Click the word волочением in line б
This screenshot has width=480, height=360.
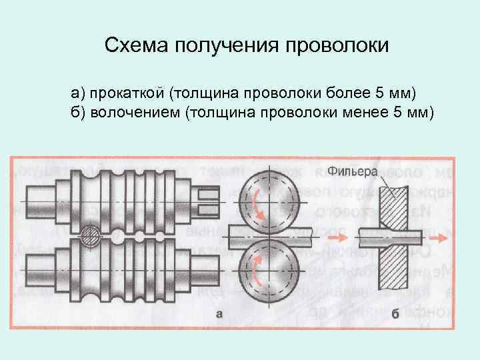(135, 109)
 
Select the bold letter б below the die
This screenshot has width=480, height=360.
(395, 315)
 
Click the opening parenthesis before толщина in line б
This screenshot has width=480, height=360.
(191, 110)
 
